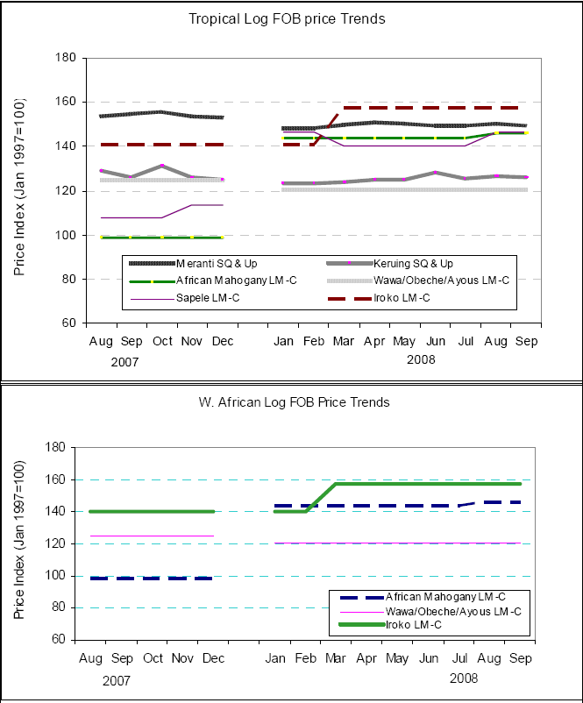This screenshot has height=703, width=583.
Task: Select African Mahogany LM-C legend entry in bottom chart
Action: point(438,597)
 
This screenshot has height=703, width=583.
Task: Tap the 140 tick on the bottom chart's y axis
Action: point(57,512)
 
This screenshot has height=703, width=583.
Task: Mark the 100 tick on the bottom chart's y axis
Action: point(57,576)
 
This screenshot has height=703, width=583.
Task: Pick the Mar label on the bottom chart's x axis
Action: point(335,657)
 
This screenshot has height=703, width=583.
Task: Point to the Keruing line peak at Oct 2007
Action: point(162,166)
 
